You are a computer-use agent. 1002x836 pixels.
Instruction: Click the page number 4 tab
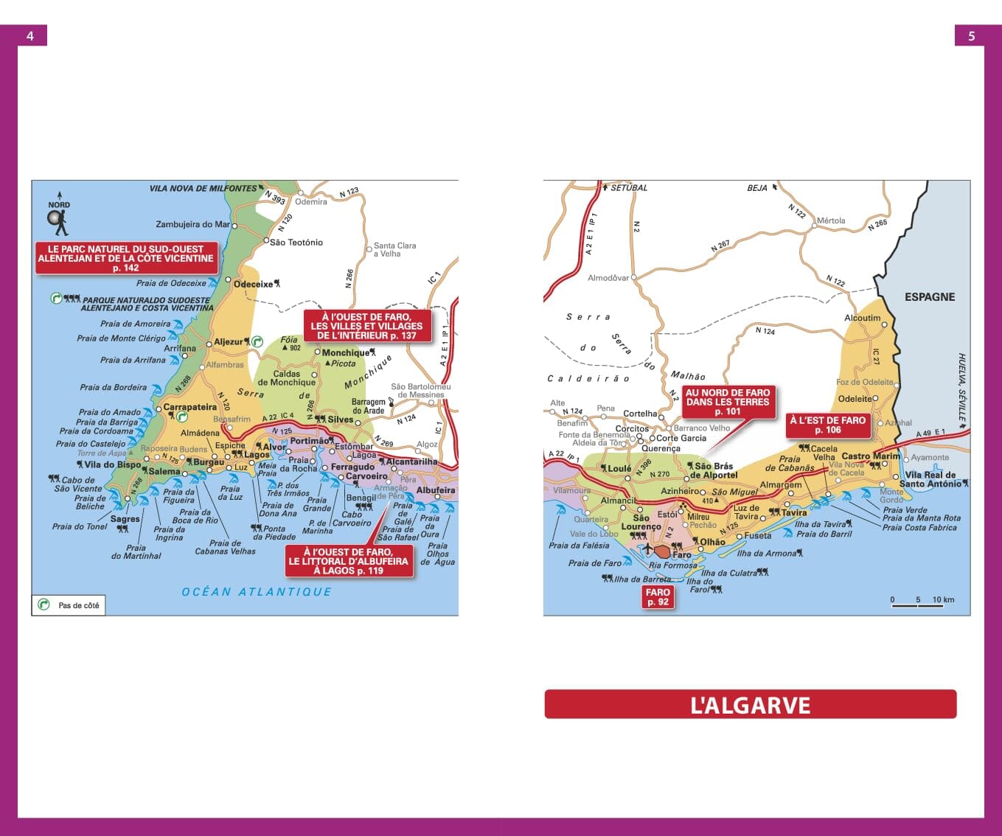[30, 35]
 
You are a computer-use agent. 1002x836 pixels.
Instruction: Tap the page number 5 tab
[971, 35]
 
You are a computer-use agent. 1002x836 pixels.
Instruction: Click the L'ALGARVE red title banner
[750, 705]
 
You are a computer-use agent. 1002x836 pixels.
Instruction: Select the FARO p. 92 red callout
[657, 597]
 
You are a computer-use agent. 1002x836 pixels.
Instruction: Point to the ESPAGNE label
[929, 296]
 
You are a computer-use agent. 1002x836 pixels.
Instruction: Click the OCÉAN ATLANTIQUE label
[257, 591]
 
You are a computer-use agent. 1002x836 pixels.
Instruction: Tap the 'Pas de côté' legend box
[69, 605]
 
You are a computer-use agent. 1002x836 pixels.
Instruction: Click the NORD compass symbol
[58, 215]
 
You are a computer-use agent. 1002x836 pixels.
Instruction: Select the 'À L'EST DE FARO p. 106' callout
[827, 425]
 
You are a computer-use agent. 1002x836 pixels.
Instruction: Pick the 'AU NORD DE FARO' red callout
[728, 402]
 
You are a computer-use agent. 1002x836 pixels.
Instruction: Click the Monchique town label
[345, 352]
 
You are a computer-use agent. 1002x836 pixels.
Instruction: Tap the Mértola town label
[830, 220]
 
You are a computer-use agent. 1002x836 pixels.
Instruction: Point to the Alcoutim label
[862, 318]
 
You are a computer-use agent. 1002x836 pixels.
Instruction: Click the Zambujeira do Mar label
[192, 224]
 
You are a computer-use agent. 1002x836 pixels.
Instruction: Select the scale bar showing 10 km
[922, 601]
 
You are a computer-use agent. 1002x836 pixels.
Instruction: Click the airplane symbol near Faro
[647, 549]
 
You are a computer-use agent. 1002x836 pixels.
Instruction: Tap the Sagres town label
[125, 519]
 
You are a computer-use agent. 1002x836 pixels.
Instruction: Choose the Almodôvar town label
[608, 278]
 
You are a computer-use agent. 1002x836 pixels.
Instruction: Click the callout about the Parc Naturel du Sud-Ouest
[125, 258]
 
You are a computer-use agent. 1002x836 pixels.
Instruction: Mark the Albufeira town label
[435, 490]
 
